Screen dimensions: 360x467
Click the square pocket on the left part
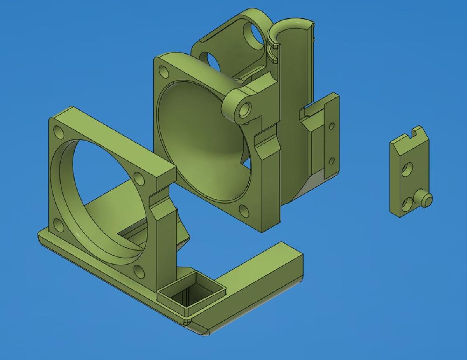coord(191,294)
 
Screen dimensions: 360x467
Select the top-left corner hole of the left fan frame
coord(59,132)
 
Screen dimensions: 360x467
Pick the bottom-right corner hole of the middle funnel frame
coord(244,211)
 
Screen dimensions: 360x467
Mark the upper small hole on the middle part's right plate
coord(332,126)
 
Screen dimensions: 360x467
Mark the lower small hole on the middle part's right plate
coord(332,160)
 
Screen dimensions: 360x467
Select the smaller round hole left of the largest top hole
coord(212,60)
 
